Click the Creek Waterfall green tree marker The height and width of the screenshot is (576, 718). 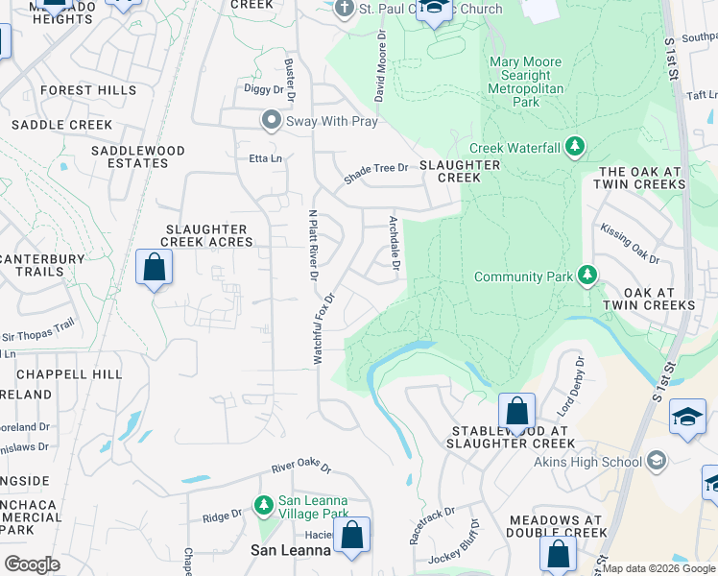coord(575,148)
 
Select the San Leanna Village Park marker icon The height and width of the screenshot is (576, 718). coord(264,504)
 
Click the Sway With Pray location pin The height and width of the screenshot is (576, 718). coord(272,121)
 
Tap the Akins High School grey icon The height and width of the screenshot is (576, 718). coord(657,462)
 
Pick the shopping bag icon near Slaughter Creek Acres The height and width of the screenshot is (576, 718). coord(154,268)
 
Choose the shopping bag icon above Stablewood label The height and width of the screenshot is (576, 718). coord(516,411)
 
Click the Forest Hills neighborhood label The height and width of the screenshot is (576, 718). coord(88,90)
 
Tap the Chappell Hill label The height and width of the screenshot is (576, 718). coord(81,373)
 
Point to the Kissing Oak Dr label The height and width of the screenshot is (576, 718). coord(631,244)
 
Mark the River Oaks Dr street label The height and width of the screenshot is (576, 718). coord(300,468)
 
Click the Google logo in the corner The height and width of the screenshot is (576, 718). coord(32,564)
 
